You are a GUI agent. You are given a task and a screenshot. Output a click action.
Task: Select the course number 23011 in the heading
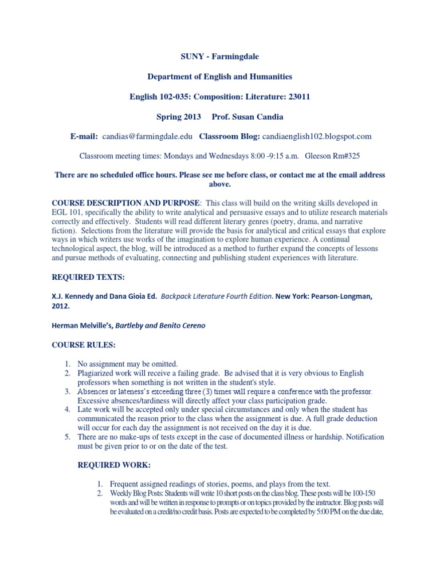pos(298,97)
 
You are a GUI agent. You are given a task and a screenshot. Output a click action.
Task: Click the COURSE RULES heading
pos(83,345)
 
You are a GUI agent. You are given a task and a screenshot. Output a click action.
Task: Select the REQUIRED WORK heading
pos(114,465)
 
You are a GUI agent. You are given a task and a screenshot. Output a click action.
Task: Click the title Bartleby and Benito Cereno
pos(160,326)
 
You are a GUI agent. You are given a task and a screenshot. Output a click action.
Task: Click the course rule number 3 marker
pos(67,392)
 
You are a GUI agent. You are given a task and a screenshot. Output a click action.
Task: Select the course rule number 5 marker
pos(67,437)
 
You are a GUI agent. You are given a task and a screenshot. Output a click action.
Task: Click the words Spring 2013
pos(179,117)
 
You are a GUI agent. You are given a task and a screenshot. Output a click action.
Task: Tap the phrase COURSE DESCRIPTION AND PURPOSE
pos(126,203)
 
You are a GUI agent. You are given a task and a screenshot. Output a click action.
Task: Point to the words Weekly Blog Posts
pos(136,493)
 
